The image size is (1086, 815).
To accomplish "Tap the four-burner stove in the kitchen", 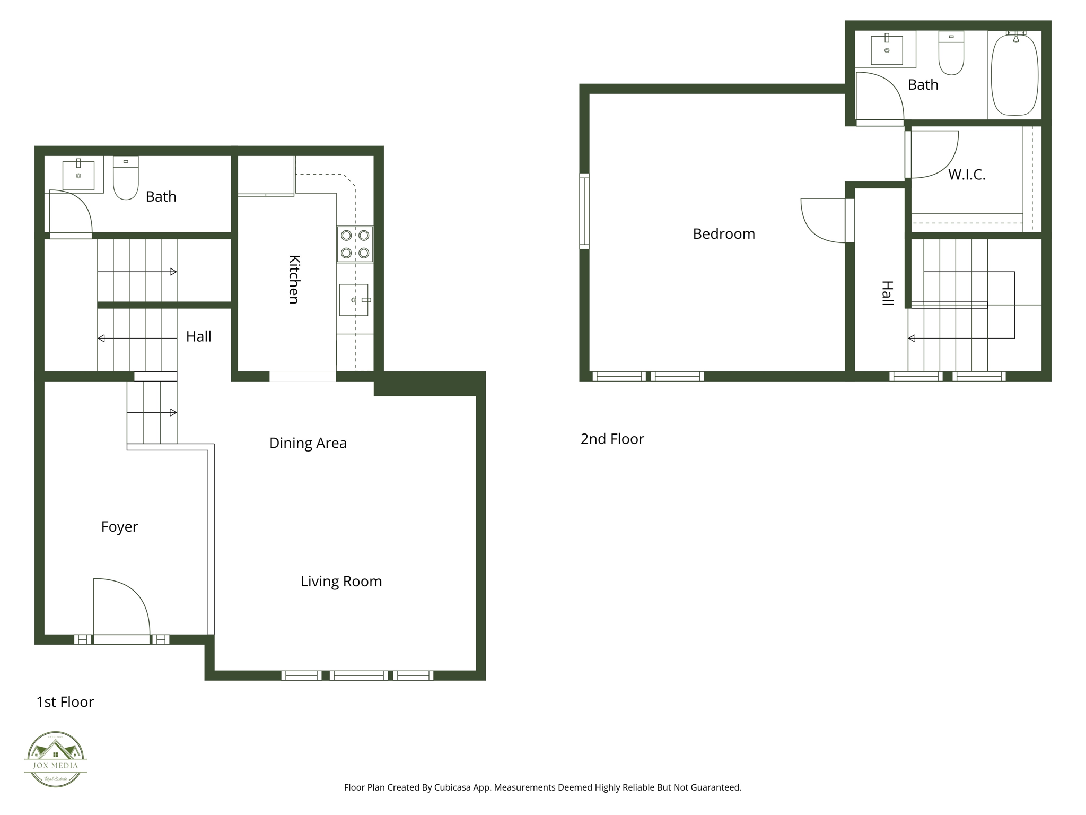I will pyautogui.click(x=355, y=244).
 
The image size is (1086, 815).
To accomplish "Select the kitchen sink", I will pyautogui.click(x=354, y=300).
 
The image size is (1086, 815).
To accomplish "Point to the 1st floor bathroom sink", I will pyautogui.click(x=78, y=175).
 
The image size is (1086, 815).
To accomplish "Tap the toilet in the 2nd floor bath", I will pyautogui.click(x=951, y=53).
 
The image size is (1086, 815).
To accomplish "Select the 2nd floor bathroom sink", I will pyautogui.click(x=887, y=50).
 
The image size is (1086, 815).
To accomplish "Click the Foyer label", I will pyautogui.click(x=119, y=527).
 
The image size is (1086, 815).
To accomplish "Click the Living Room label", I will pyautogui.click(x=341, y=582).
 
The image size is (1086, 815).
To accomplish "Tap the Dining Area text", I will pyautogui.click(x=308, y=443).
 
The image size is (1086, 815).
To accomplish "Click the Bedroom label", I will pyautogui.click(x=724, y=234).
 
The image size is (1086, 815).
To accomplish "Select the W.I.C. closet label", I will pyautogui.click(x=967, y=175).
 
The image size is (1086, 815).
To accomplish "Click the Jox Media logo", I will pyautogui.click(x=56, y=759).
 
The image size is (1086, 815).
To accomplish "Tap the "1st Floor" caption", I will pyautogui.click(x=65, y=702).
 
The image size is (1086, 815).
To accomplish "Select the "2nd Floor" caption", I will pyautogui.click(x=612, y=439).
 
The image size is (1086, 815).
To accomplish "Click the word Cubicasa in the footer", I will pyautogui.click(x=453, y=787).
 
